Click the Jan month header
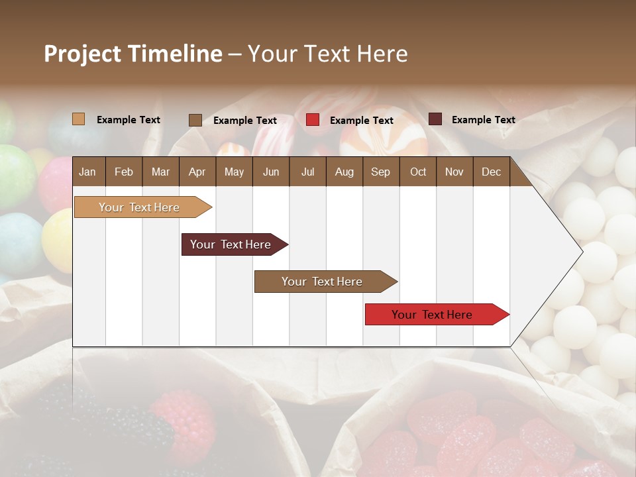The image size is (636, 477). click(x=87, y=172)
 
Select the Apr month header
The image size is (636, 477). click(x=197, y=172)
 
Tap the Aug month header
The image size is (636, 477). click(x=344, y=172)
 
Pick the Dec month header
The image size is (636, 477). click(x=491, y=172)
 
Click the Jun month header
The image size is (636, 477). click(x=270, y=172)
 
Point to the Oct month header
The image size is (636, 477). click(x=417, y=172)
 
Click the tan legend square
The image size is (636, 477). click(x=79, y=119)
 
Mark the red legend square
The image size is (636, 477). click(x=313, y=120)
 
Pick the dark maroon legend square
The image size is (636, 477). click(x=435, y=119)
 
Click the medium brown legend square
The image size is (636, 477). click(x=195, y=120)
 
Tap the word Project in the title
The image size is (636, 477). click(x=81, y=54)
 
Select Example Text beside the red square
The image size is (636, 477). click(x=361, y=121)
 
